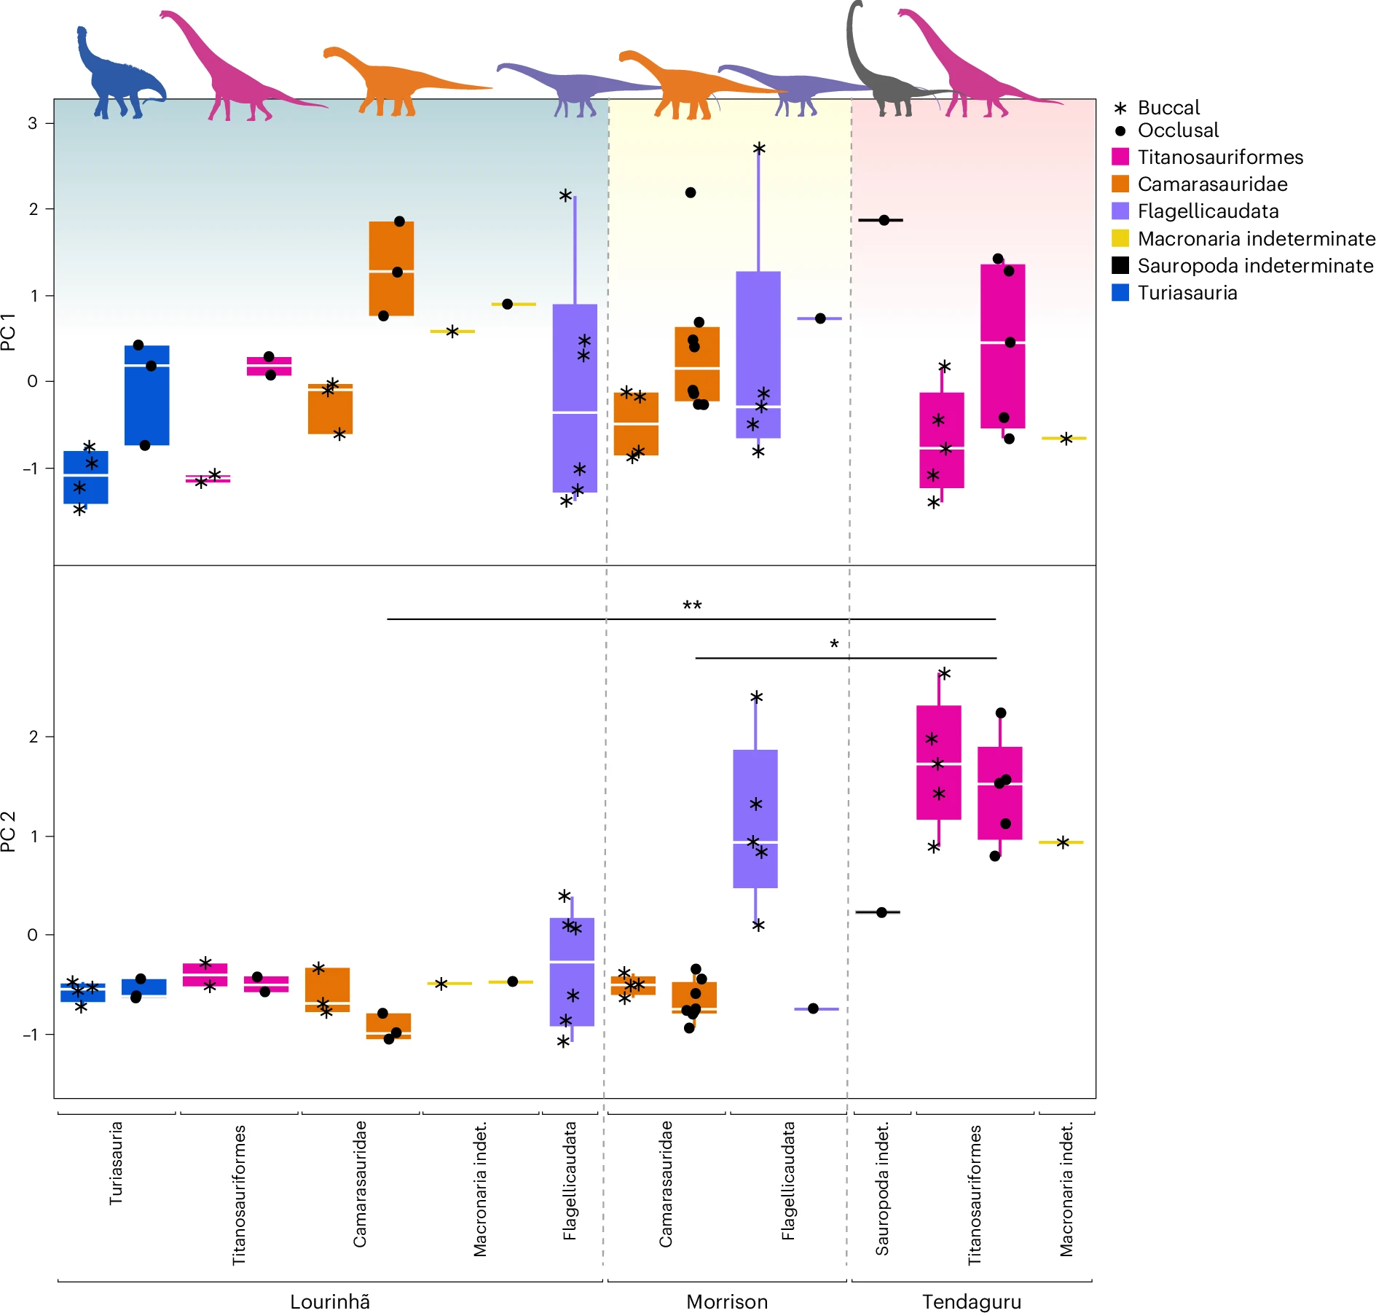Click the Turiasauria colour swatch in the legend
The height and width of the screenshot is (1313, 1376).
pyautogui.click(x=1120, y=293)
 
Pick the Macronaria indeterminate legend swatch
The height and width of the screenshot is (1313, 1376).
pyautogui.click(x=1120, y=238)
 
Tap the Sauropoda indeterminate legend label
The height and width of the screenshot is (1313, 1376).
pyautogui.click(x=1255, y=266)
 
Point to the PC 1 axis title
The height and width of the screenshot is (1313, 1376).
pyautogui.click(x=9, y=332)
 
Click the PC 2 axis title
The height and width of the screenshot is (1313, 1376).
pyautogui.click(x=9, y=831)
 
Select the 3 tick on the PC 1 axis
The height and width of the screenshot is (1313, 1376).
pyautogui.click(x=33, y=123)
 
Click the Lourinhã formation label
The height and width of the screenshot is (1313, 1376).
pyautogui.click(x=329, y=1301)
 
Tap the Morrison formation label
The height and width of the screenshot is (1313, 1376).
pyautogui.click(x=726, y=1301)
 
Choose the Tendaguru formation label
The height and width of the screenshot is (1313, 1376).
pyautogui.click(x=971, y=1301)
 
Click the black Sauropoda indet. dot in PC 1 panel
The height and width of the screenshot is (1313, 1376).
pyautogui.click(x=884, y=220)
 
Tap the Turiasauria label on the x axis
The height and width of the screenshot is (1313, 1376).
pyautogui.click(x=116, y=1163)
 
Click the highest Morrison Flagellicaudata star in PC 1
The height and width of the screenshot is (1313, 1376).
pyautogui.click(x=758, y=149)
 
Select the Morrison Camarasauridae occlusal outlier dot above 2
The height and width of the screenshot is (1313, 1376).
pyautogui.click(x=691, y=193)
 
